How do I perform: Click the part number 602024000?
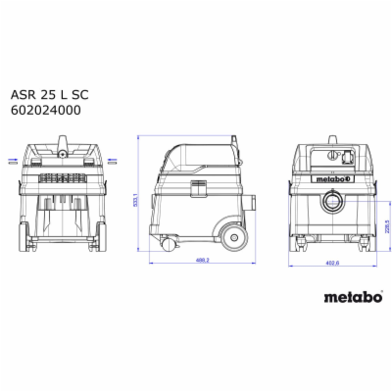click(61, 111)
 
